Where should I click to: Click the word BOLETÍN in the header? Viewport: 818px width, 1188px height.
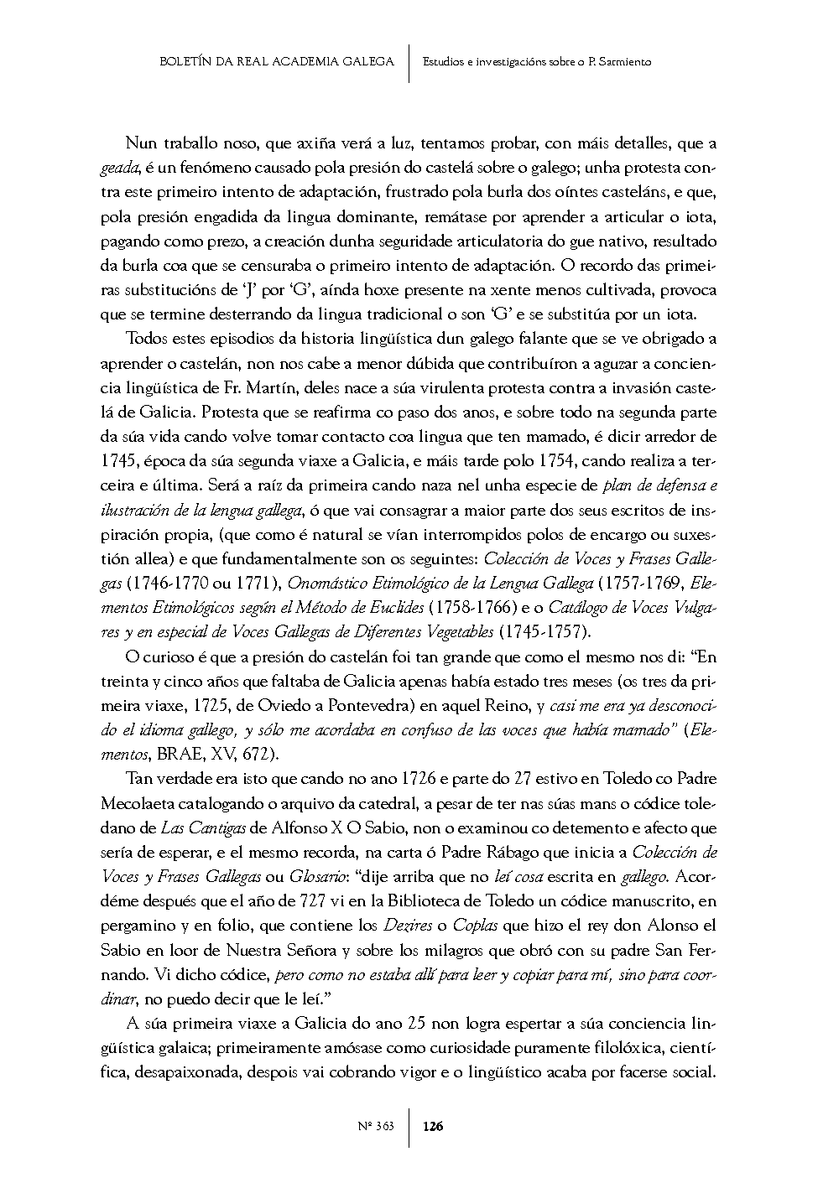(184, 61)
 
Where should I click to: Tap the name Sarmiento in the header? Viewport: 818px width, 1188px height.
(623, 61)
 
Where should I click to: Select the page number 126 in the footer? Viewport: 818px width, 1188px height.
(433, 1127)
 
